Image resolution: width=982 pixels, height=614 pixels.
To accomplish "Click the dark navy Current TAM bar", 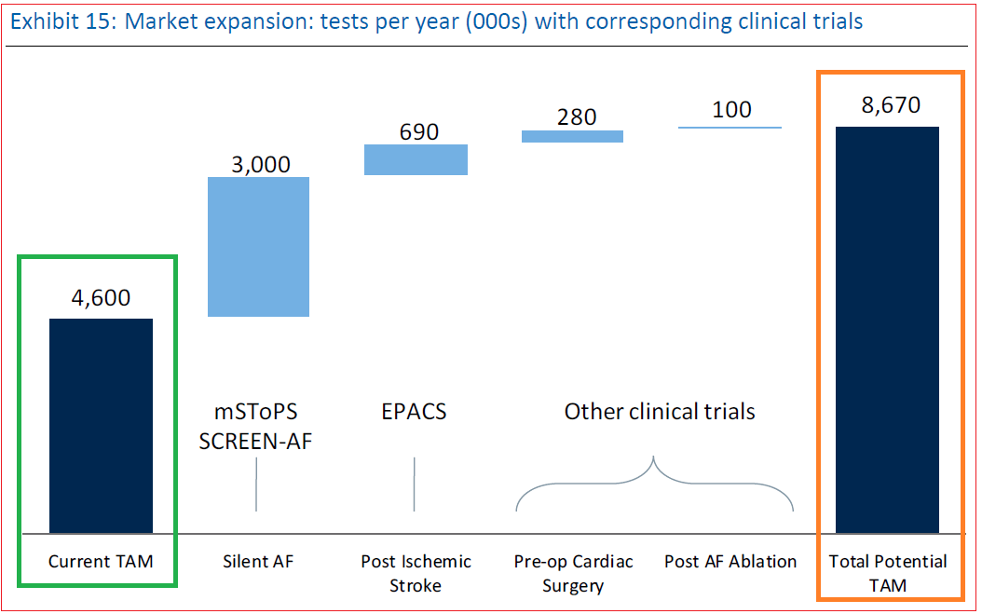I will (x=101, y=425).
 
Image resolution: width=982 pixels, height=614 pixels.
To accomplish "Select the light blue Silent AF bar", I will (x=258, y=247).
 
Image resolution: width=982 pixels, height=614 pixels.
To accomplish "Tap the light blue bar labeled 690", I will (x=416, y=159).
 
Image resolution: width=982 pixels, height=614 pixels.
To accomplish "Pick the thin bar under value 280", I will (x=572, y=136).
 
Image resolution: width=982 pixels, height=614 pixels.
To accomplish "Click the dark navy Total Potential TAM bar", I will (x=887, y=329).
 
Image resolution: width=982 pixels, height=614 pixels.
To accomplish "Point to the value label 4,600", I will (x=101, y=298).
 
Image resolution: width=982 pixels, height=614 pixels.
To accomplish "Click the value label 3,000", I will (x=258, y=165).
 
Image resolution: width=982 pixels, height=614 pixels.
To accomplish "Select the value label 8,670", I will (x=890, y=105).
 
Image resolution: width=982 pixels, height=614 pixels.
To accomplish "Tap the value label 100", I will (x=731, y=110).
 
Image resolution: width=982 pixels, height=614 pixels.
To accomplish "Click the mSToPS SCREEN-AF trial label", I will (x=255, y=425).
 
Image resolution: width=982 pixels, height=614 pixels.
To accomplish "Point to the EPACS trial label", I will (x=414, y=411).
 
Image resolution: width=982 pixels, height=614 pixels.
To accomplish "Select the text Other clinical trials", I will (x=660, y=411).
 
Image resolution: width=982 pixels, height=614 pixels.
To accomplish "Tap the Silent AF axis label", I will (x=258, y=561).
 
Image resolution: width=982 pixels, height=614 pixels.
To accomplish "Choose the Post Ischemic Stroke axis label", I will (x=416, y=573).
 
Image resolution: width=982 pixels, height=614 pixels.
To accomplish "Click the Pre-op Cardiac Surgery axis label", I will (x=573, y=573).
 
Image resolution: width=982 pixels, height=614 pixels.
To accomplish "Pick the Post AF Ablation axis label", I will (x=730, y=561).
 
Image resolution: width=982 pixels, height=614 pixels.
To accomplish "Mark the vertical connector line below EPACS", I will (x=414, y=484).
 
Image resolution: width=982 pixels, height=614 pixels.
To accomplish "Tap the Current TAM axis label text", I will (x=101, y=561).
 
